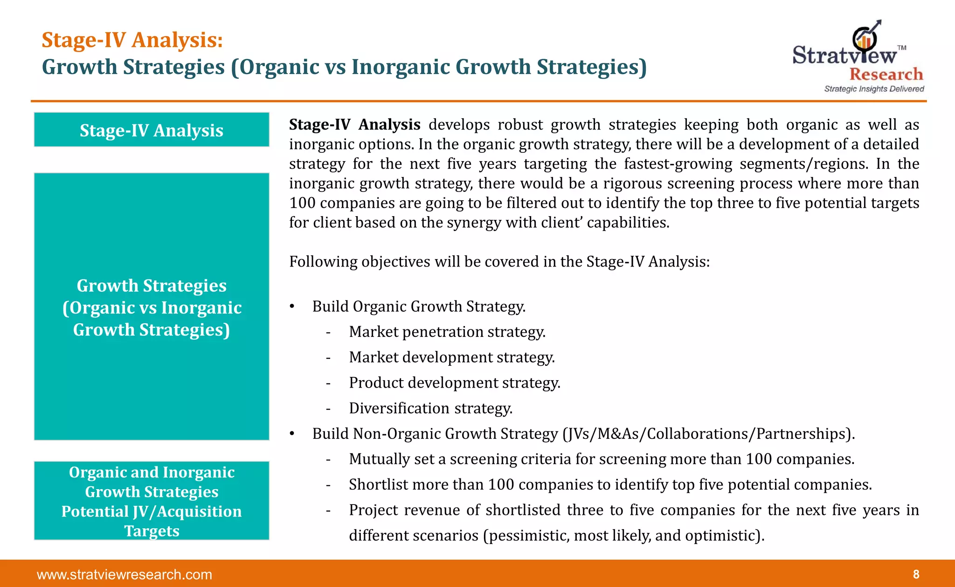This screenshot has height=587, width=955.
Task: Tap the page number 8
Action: click(916, 574)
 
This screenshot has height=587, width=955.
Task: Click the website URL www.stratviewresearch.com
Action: click(125, 574)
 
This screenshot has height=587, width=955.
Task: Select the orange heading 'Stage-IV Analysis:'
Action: click(132, 40)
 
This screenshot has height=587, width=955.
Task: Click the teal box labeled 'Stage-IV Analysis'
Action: click(152, 130)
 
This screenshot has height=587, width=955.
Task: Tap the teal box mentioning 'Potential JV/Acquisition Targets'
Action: click(152, 501)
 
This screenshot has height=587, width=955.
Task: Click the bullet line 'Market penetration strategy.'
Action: click(447, 332)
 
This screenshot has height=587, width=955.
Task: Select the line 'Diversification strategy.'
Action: click(430, 408)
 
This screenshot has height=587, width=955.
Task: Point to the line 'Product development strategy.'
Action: click(454, 383)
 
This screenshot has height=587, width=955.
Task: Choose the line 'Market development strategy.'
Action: click(451, 357)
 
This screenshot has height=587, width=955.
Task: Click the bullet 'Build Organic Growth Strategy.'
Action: click(419, 307)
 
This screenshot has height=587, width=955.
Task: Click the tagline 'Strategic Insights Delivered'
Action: click(874, 89)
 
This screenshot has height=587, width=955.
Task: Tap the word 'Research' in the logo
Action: click(886, 74)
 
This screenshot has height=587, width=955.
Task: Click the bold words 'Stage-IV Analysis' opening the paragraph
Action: click(354, 125)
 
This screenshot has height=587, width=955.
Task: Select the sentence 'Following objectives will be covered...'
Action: click(499, 262)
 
